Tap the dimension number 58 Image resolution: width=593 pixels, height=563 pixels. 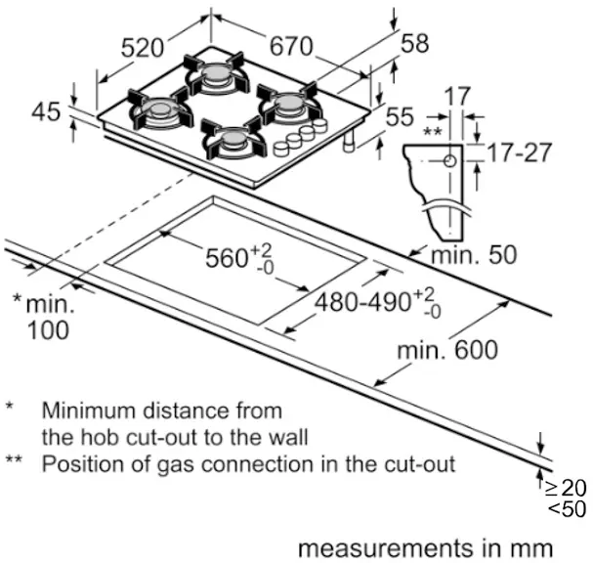click(414, 43)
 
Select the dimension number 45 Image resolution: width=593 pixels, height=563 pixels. click(45, 111)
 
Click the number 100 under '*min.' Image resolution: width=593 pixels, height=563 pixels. click(47, 330)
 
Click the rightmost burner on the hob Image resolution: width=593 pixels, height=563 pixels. click(286, 103)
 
